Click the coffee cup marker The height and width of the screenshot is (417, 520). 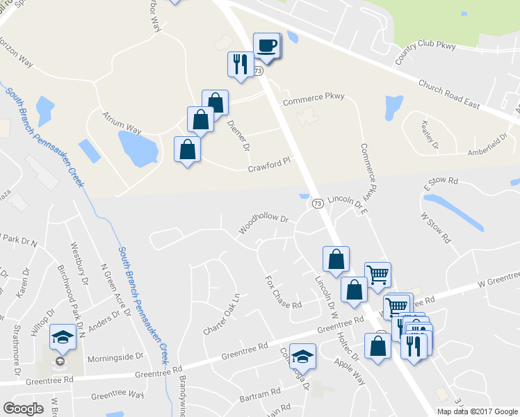coord(268,46)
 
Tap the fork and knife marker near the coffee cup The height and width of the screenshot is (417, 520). coord(240,64)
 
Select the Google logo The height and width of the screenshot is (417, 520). coord(23,409)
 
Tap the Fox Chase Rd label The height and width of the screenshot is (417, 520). coord(283,293)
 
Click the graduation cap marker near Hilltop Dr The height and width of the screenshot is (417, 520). coord(63,338)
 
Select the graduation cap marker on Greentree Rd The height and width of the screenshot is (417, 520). coord(302,357)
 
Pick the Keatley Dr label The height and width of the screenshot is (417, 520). coord(430,136)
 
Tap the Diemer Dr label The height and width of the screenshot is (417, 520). coord(238,136)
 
